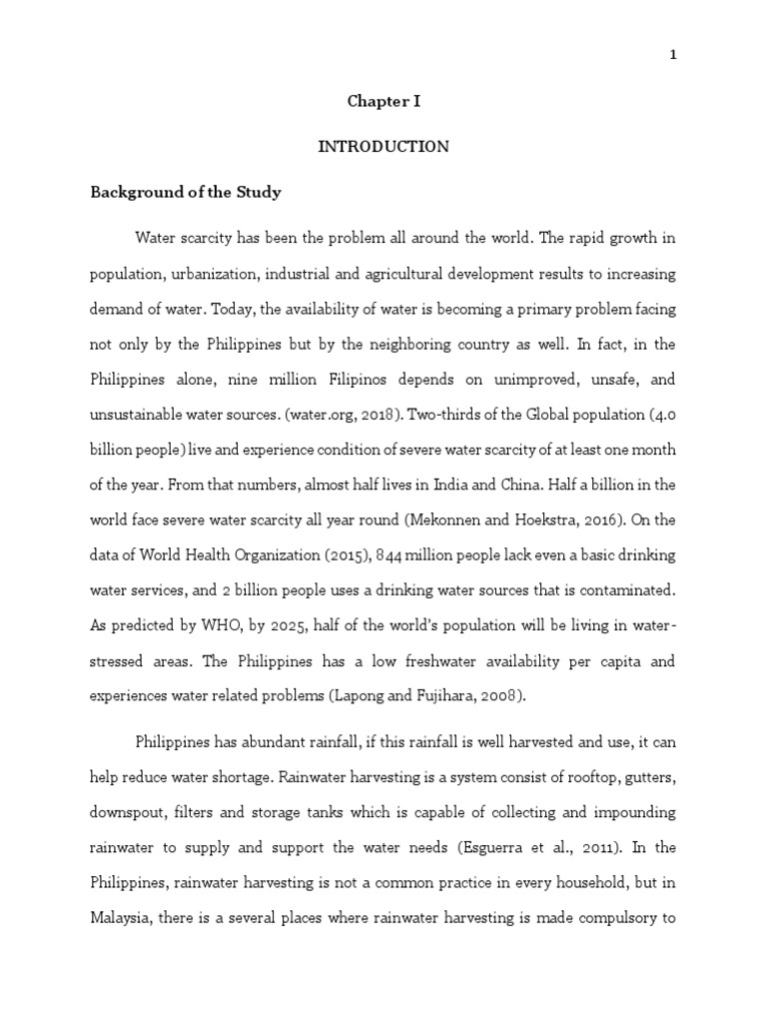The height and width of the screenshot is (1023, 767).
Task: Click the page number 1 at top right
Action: pos(673,56)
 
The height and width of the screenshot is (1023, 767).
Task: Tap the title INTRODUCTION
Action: pos(383,147)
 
